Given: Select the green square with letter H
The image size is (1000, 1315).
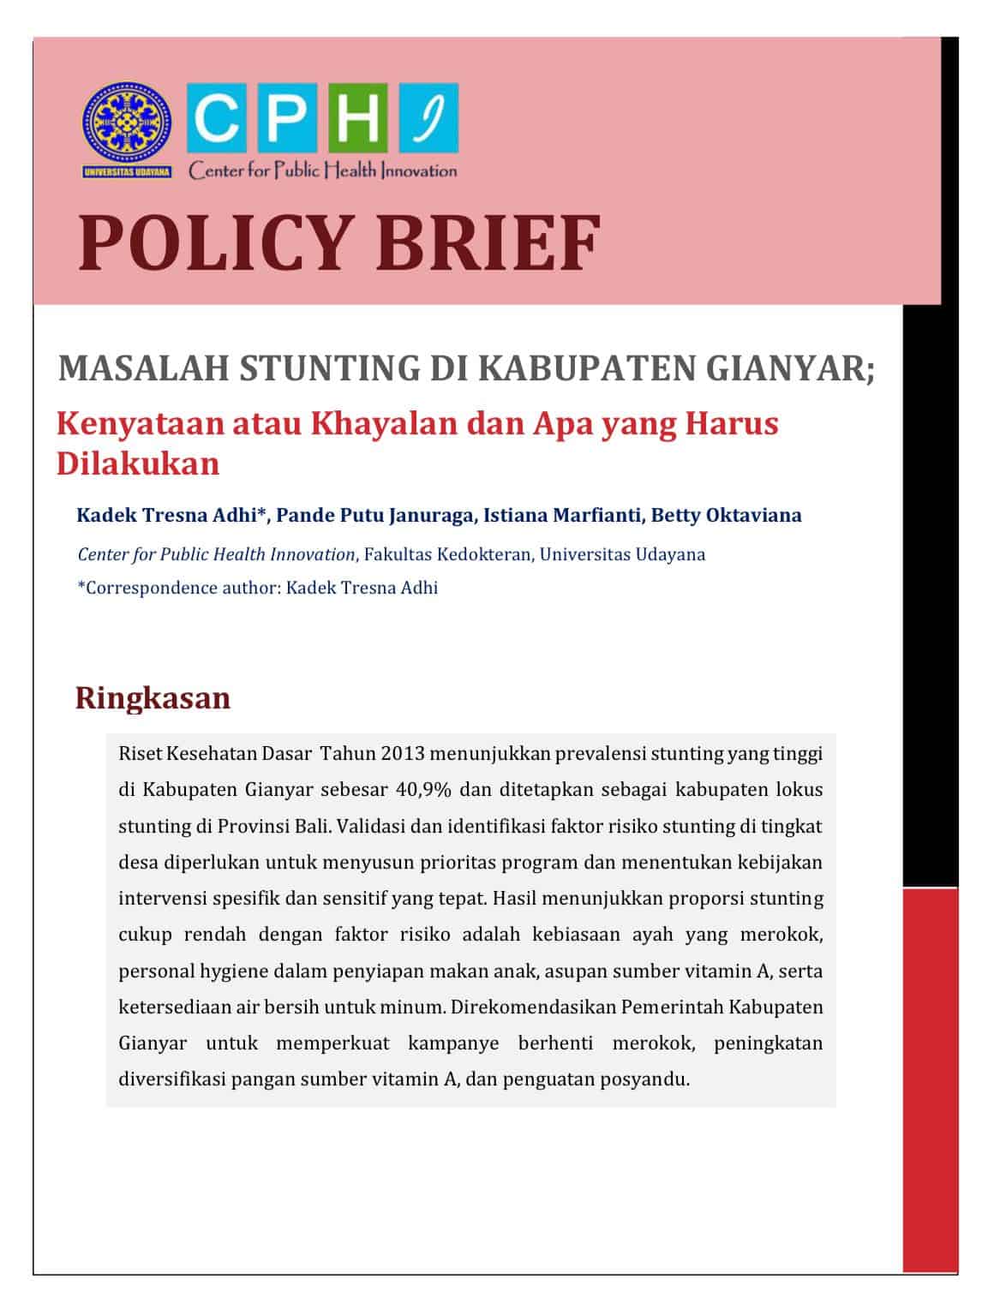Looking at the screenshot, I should pos(362,119).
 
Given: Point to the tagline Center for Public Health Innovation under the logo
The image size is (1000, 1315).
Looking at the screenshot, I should pos(323,170).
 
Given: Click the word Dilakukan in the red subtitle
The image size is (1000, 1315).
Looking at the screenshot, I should pos(138,463).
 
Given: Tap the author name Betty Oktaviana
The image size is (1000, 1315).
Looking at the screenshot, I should pos(727,515).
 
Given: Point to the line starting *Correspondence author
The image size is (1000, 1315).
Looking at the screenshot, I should pos(258,588).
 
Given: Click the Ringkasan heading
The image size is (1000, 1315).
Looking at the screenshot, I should pos(153,697).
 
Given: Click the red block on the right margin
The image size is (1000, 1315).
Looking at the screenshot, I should pos(930,1079).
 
